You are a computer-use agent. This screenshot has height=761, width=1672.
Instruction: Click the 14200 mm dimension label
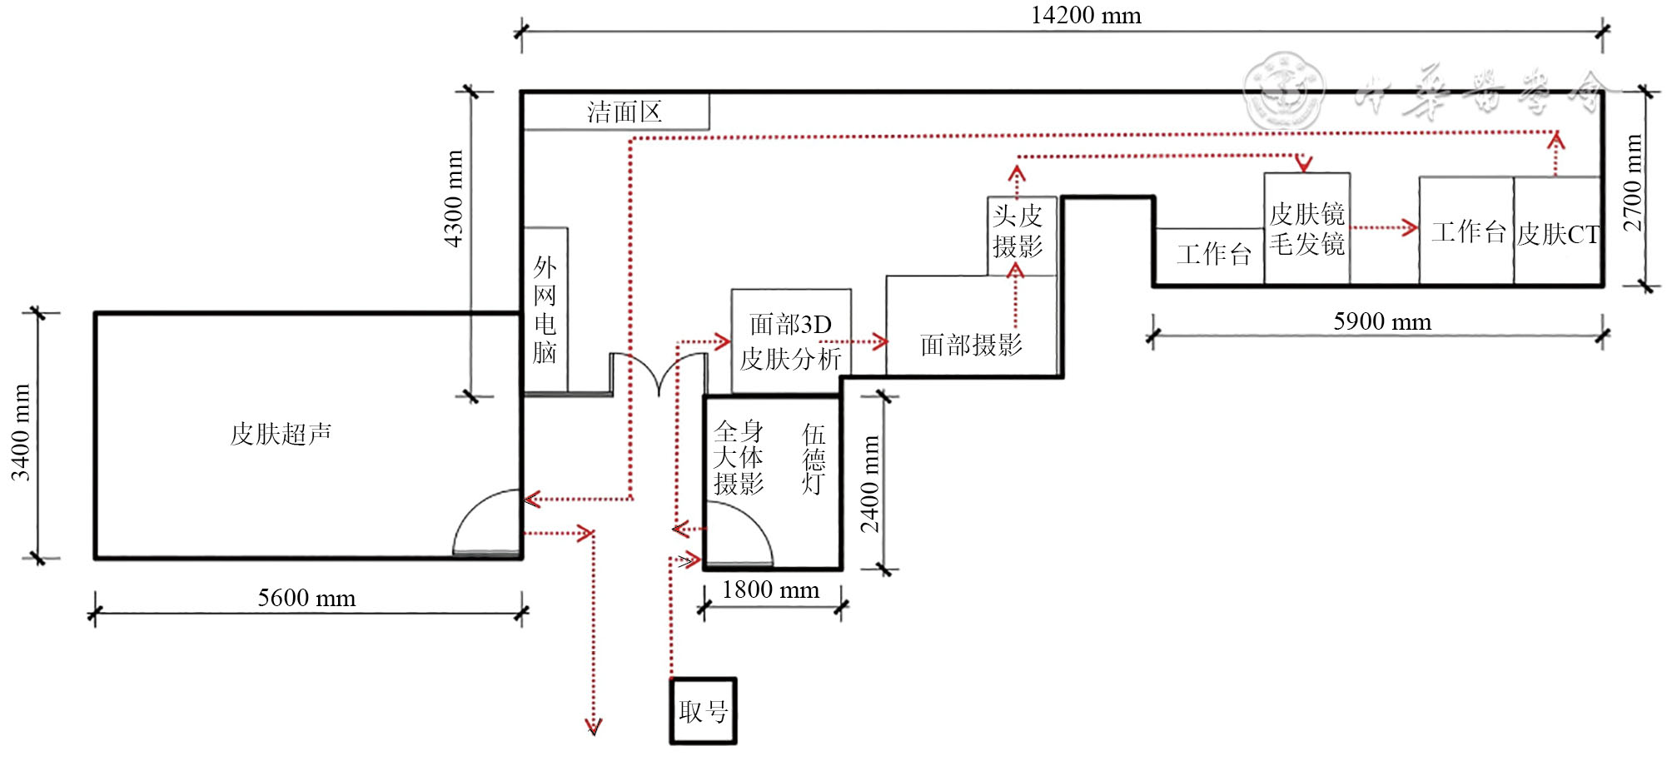(x=1086, y=16)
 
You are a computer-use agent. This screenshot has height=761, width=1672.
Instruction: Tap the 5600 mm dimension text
(x=306, y=598)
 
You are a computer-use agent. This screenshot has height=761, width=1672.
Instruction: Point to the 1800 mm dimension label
(x=770, y=590)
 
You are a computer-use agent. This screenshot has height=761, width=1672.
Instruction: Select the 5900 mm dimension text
(x=1382, y=321)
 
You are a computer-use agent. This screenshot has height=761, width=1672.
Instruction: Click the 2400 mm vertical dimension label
(x=870, y=484)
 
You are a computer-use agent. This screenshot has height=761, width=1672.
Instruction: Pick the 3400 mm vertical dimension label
(x=21, y=433)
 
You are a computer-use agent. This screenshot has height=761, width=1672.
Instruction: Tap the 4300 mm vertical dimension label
(x=454, y=198)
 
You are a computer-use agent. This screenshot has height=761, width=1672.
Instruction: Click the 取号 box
(x=704, y=711)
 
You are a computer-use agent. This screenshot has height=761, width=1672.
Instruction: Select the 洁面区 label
(x=625, y=112)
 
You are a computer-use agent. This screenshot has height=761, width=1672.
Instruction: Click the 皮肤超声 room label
(x=281, y=434)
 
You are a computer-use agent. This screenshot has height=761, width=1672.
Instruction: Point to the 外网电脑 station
(x=545, y=310)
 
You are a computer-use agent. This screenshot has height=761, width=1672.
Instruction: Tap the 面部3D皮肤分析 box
(x=791, y=341)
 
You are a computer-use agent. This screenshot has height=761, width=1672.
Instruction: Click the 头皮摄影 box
(x=1018, y=232)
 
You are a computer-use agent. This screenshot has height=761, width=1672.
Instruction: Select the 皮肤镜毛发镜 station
(x=1306, y=229)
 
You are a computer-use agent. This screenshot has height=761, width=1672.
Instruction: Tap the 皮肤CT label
(x=1557, y=235)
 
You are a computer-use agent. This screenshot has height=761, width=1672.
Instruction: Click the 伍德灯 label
(x=814, y=459)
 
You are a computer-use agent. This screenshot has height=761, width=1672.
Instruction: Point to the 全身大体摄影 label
(x=739, y=457)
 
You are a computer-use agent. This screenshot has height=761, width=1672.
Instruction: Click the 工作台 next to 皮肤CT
(x=1467, y=232)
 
